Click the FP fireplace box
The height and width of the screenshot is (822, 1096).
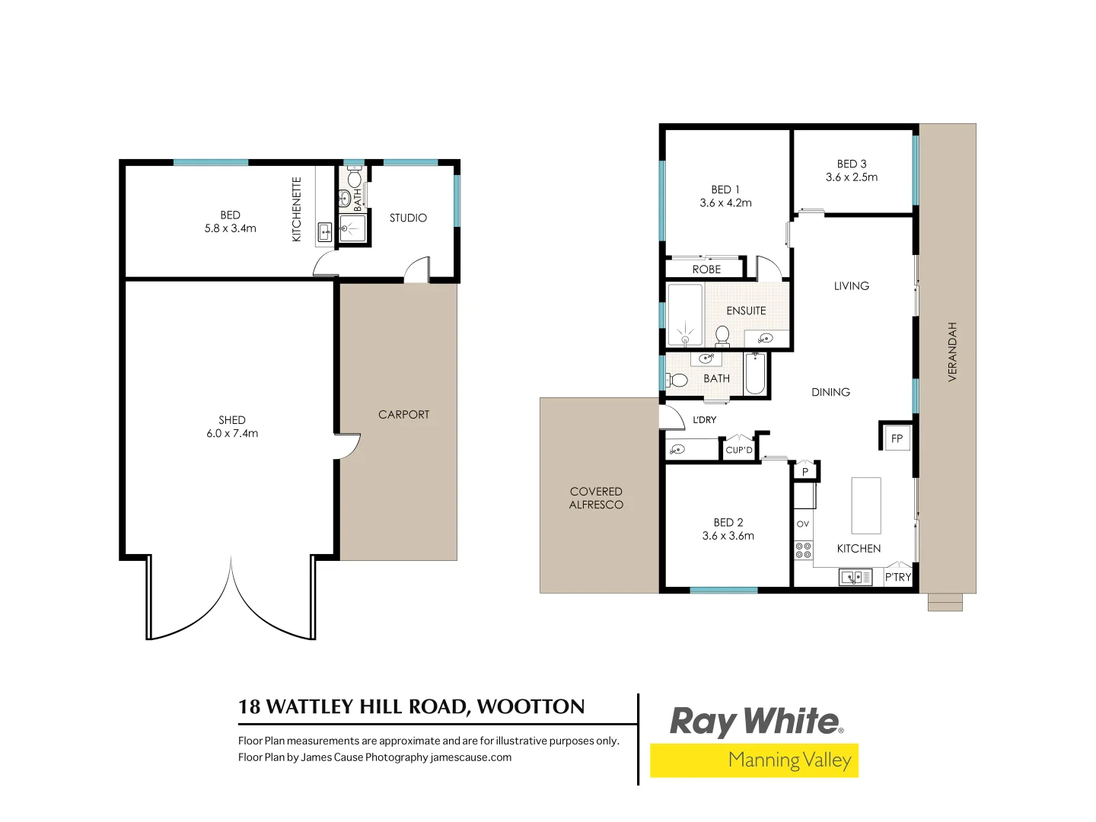pos(897,438)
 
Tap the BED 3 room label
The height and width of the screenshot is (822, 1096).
pos(852,170)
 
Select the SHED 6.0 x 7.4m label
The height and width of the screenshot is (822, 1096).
pos(232,426)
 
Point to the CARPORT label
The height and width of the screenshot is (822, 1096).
pos(403,414)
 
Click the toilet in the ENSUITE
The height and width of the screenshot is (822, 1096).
pos(722,334)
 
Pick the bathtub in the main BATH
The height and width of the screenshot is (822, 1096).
pos(754,373)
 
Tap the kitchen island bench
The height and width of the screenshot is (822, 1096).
pos(866,505)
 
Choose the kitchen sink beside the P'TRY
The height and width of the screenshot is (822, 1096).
pos(855,578)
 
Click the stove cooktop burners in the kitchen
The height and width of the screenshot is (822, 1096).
pos(803,550)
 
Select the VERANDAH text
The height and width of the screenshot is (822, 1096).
pos(952,352)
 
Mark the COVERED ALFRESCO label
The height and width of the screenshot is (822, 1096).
pos(596,498)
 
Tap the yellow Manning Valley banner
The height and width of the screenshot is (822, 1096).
pos(753,760)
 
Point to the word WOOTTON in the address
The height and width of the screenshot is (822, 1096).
pos(530,706)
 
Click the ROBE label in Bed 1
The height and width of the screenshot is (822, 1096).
pos(706,269)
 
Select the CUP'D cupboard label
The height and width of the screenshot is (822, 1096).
pos(739,450)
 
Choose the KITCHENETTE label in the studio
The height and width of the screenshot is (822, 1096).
pos(297,209)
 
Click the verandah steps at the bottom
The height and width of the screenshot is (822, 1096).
pos(945,602)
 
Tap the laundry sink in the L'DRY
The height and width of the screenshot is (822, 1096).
pos(677,450)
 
